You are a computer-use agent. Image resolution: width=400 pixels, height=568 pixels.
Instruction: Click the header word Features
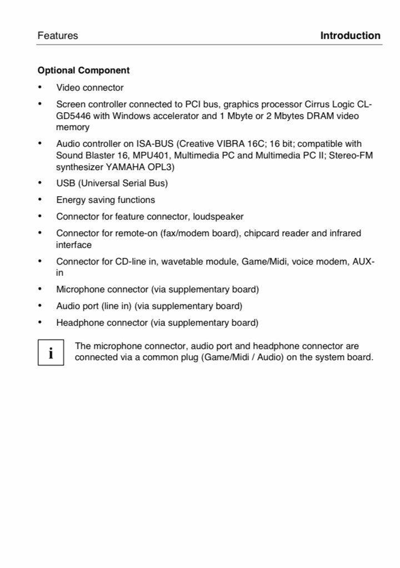(58, 36)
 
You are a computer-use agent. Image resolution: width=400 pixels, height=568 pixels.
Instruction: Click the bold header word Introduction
(350, 36)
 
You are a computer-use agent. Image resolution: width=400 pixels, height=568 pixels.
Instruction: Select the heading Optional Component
(83, 71)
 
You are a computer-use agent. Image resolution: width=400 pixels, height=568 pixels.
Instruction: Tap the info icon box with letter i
(51, 352)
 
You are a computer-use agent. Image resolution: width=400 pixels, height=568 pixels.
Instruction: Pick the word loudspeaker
(216, 216)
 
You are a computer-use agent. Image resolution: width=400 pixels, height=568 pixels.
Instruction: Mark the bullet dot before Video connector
(40, 87)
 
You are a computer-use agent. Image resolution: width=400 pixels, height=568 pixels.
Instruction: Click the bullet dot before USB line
(40, 183)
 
